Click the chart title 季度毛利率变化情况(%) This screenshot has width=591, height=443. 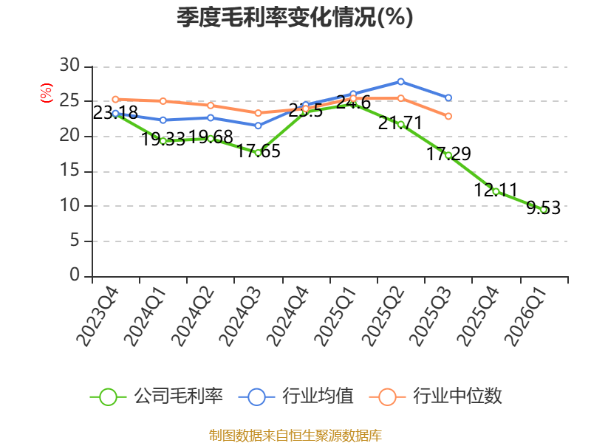pyautogui.click(x=295, y=17)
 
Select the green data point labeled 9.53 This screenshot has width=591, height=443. pyautogui.click(x=544, y=210)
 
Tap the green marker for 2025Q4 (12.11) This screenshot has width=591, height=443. pyautogui.click(x=496, y=191)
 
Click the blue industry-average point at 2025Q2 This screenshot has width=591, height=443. pyautogui.click(x=400, y=82)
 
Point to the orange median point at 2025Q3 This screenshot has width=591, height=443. pyautogui.click(x=448, y=117)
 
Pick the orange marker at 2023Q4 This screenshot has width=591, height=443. pyautogui.click(x=116, y=100)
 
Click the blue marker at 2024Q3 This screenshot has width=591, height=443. pyautogui.click(x=258, y=126)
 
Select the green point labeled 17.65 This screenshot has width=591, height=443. pyautogui.click(x=258, y=153)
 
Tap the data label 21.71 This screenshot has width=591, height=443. pyautogui.click(x=400, y=123)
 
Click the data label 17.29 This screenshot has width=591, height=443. pyautogui.click(x=448, y=154)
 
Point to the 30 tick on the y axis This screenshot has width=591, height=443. pyautogui.click(x=69, y=66)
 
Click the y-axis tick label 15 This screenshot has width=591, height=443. pyautogui.click(x=69, y=171)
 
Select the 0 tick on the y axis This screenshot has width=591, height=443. pyautogui.click(x=75, y=275)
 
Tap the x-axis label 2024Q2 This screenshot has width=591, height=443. pyautogui.click(x=192, y=317)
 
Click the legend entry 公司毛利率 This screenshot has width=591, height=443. pyautogui.click(x=157, y=396)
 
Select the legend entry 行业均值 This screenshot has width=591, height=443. pyautogui.click(x=296, y=396)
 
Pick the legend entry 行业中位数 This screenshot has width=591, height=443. pyautogui.click(x=436, y=396)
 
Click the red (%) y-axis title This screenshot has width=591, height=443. pyautogui.click(x=47, y=93)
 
